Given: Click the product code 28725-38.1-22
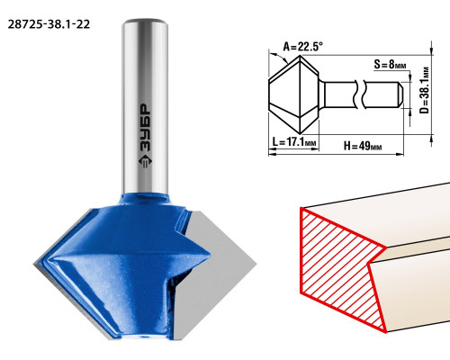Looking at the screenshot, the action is pyautogui.click(x=49, y=24).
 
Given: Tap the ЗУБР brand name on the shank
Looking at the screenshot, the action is pyautogui.click(x=146, y=128).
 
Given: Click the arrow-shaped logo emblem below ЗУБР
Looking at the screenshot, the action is pyautogui.click(x=145, y=162).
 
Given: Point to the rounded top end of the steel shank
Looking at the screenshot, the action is pyautogui.click(x=145, y=22).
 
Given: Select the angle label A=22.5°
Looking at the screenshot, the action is pyautogui.click(x=303, y=47).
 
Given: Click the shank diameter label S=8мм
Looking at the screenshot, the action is pyautogui.click(x=390, y=64).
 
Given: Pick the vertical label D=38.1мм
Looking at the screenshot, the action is pyautogui.click(x=425, y=90).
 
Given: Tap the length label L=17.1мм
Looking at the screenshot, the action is pyautogui.click(x=294, y=141).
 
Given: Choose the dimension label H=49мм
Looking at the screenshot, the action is pyautogui.click(x=363, y=146).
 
